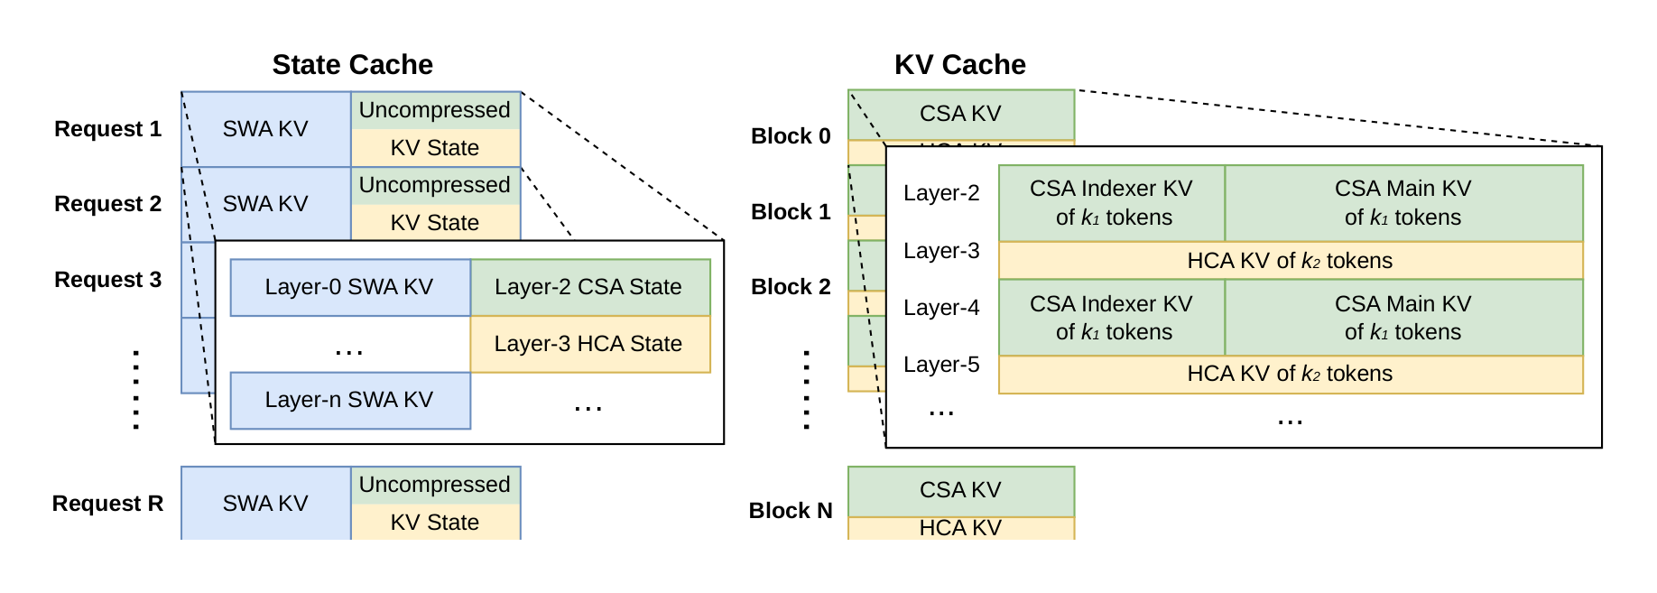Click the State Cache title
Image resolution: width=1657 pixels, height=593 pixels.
[x=352, y=65]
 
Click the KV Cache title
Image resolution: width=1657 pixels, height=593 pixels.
[x=959, y=65]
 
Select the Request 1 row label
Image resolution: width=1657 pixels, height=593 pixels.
[x=107, y=129]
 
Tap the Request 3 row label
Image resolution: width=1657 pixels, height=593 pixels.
[x=107, y=280]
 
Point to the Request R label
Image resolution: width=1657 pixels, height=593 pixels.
[x=107, y=504]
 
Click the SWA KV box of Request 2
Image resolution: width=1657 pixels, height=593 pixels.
[x=265, y=204]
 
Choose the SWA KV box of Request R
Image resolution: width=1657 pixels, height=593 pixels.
[x=265, y=504]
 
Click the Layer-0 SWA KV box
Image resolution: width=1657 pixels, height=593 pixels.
[x=349, y=287]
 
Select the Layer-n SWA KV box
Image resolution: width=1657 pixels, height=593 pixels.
[x=349, y=400]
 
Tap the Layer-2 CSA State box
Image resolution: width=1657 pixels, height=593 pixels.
[x=588, y=287]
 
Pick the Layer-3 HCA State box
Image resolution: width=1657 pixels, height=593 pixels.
[x=588, y=344]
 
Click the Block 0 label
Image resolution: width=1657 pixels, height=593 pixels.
[x=791, y=136]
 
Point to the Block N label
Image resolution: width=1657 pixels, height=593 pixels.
[x=791, y=511]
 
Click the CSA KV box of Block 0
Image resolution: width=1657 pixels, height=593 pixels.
[x=960, y=114]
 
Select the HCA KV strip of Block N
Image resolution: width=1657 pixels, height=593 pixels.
[x=960, y=528]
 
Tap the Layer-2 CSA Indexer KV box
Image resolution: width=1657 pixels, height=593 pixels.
[x=1111, y=203]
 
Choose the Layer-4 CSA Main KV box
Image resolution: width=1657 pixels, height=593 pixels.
[x=1402, y=318]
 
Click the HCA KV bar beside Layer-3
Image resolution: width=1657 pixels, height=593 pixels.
[x=1290, y=261]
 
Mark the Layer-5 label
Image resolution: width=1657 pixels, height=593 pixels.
[x=941, y=365]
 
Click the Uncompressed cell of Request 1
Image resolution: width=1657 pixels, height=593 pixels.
[x=435, y=110]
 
